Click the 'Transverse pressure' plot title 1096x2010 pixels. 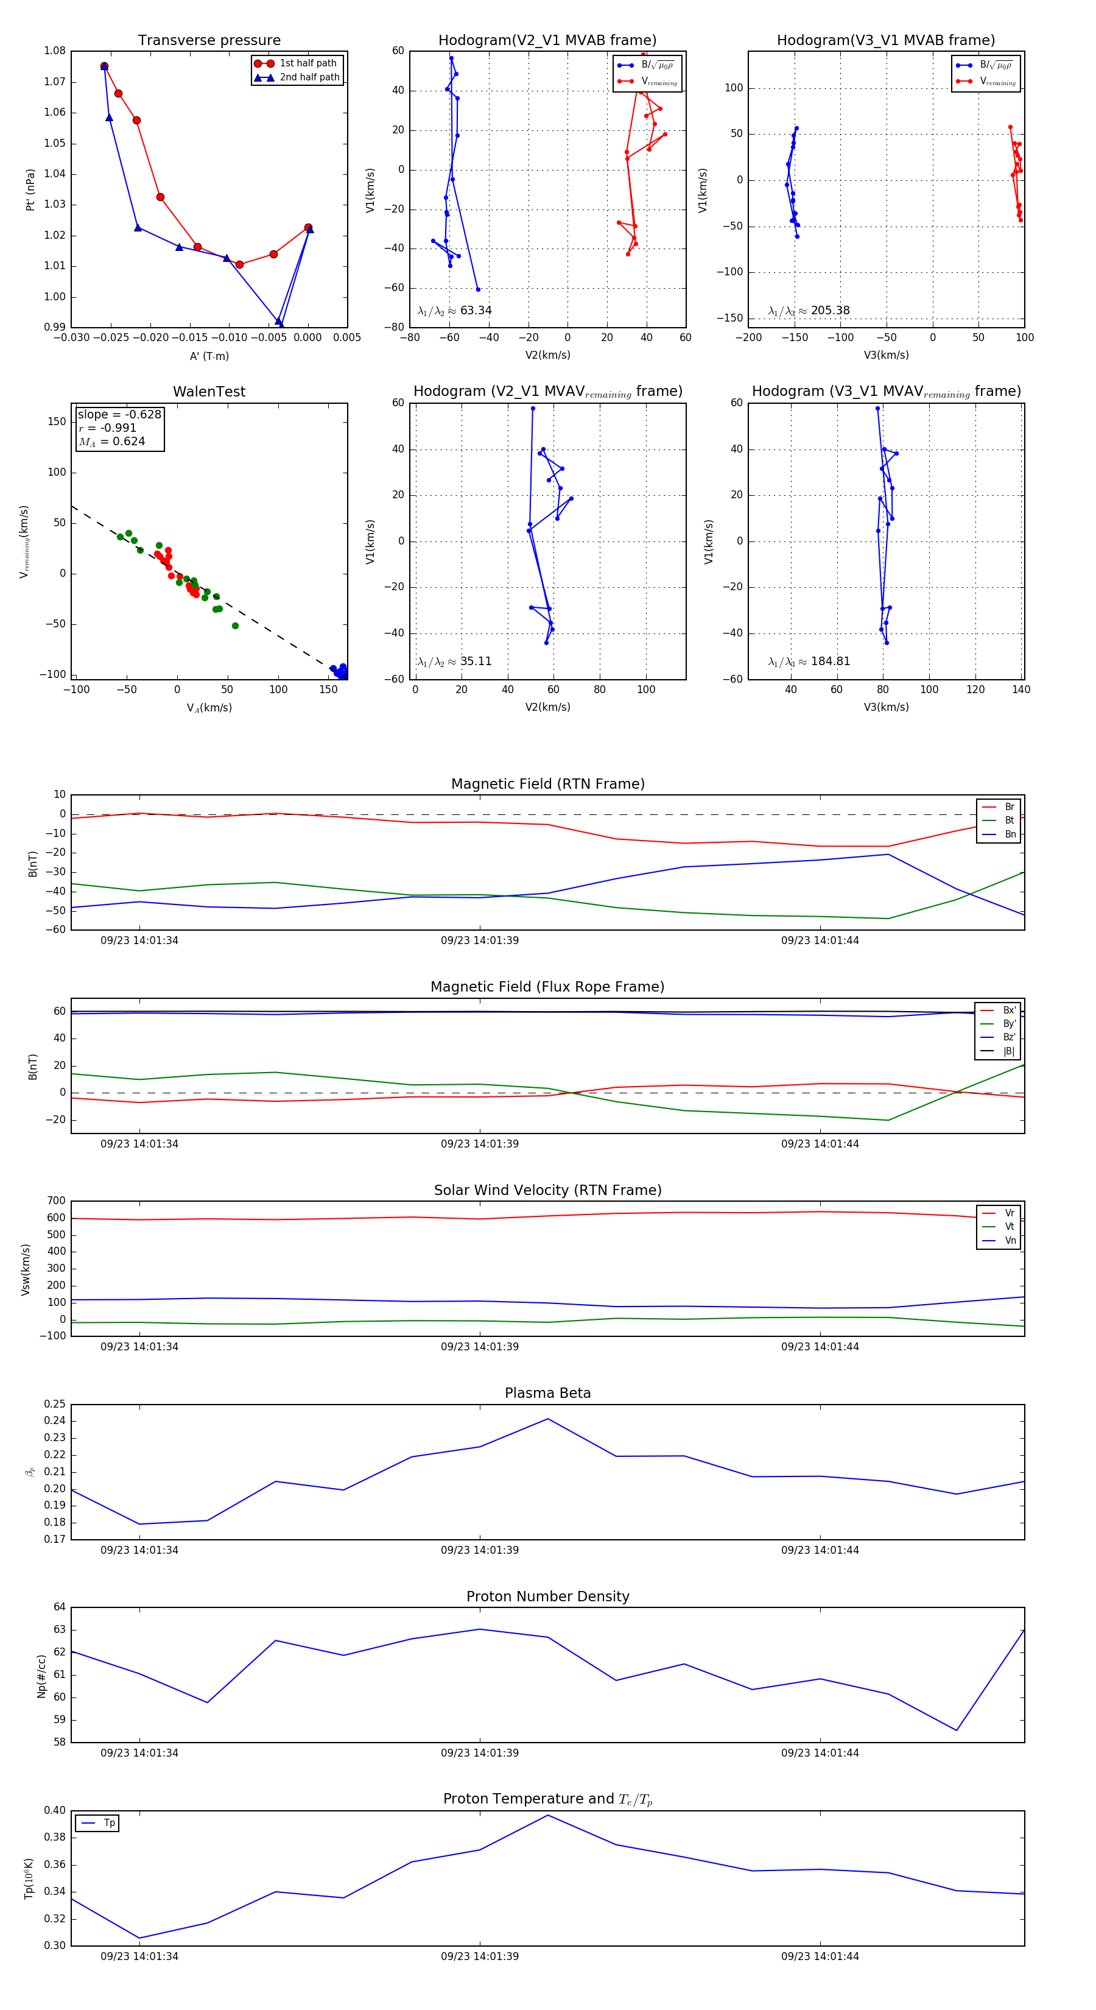pyautogui.click(x=209, y=41)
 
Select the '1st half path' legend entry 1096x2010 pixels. pyautogui.click(x=307, y=63)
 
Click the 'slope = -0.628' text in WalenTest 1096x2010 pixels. pyautogui.click(x=119, y=414)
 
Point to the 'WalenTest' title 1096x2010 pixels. pyautogui.click(x=209, y=392)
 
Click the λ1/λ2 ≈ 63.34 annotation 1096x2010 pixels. pyautogui.click(x=455, y=311)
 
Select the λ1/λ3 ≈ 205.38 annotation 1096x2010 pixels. pyautogui.click(x=809, y=311)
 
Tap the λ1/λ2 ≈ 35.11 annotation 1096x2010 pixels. pyautogui.click(x=455, y=661)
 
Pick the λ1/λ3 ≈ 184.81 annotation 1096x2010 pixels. pyautogui.click(x=809, y=661)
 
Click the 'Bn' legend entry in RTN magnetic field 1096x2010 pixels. pyautogui.click(x=1010, y=834)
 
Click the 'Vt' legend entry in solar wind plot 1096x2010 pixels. pyautogui.click(x=1010, y=1227)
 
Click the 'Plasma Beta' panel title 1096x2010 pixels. pyautogui.click(x=547, y=1394)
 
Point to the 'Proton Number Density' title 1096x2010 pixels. pyautogui.click(x=547, y=1596)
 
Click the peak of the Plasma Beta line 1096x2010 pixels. pyautogui.click(x=547, y=1419)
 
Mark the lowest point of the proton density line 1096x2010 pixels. pyautogui.click(x=957, y=1730)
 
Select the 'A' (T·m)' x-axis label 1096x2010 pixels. pyautogui.click(x=209, y=356)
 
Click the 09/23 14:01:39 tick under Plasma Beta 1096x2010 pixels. pyautogui.click(x=480, y=1550)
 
